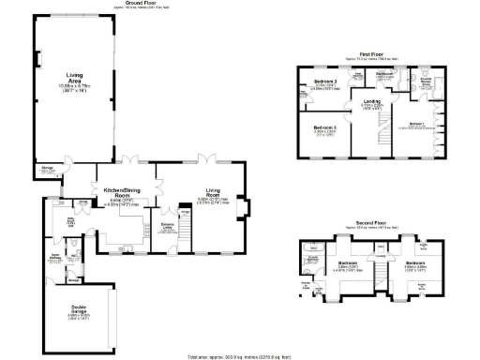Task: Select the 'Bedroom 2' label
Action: point(326,82)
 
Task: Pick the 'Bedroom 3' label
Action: point(324,127)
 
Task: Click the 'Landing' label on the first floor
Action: point(372,101)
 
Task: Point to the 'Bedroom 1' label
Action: point(418,123)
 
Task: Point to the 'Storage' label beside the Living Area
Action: point(47,170)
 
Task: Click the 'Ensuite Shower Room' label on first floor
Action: point(427,81)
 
